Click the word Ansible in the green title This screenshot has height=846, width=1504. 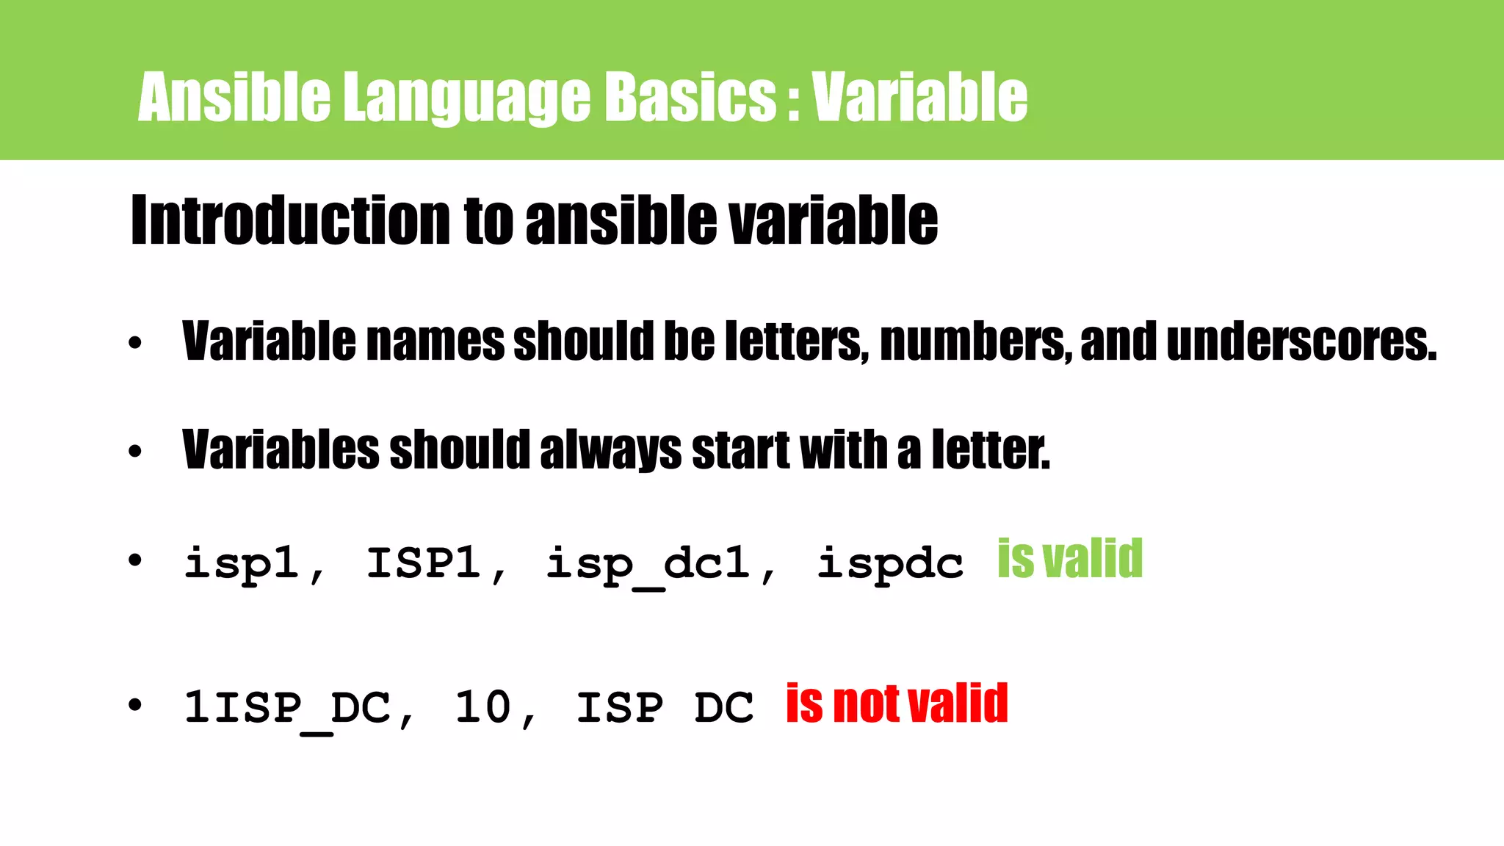pos(234,97)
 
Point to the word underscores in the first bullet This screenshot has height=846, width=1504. pos(1301,342)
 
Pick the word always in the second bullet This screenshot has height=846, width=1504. pos(610,450)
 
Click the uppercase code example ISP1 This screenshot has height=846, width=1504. pos(424,564)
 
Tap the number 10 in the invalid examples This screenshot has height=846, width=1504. pos(482,708)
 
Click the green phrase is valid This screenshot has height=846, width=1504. pos(1070,560)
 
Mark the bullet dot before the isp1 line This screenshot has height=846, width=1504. pos(134,561)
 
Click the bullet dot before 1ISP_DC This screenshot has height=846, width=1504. pos(134,706)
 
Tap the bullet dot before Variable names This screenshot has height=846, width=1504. pos(134,343)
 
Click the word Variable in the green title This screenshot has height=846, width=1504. pos(919,97)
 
